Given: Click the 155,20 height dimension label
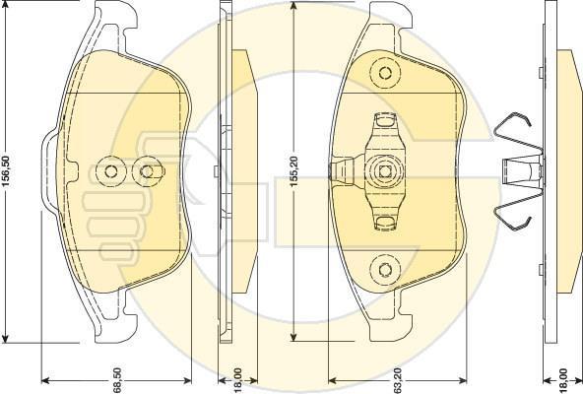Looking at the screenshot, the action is pyautogui.click(x=294, y=171).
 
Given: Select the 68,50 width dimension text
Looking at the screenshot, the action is pyautogui.click(x=118, y=380).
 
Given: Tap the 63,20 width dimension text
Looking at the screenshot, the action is pyautogui.click(x=397, y=380).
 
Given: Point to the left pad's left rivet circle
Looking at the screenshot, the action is pyautogui.click(x=111, y=171).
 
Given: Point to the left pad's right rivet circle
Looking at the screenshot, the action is pyautogui.click(x=148, y=171).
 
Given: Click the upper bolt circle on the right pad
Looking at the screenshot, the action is pyautogui.click(x=385, y=73).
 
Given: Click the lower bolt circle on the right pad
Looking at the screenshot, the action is pyautogui.click(x=385, y=269).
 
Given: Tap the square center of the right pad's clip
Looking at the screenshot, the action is pyautogui.click(x=385, y=171).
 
